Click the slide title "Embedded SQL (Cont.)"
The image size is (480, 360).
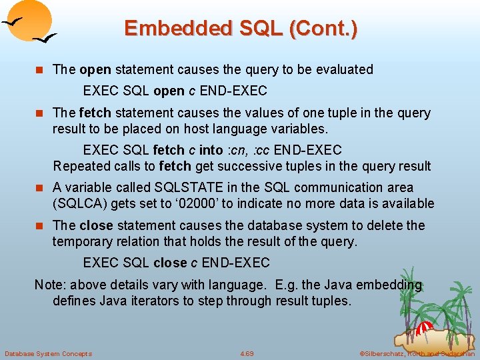click(x=240, y=28)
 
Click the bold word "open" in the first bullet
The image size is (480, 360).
click(x=95, y=69)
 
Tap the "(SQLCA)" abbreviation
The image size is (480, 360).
click(x=80, y=203)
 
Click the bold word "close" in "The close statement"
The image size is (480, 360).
click(x=95, y=225)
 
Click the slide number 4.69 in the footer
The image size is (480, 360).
click(x=247, y=353)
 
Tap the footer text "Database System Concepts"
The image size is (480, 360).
click(x=48, y=353)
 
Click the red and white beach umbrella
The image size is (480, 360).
click(x=425, y=329)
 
